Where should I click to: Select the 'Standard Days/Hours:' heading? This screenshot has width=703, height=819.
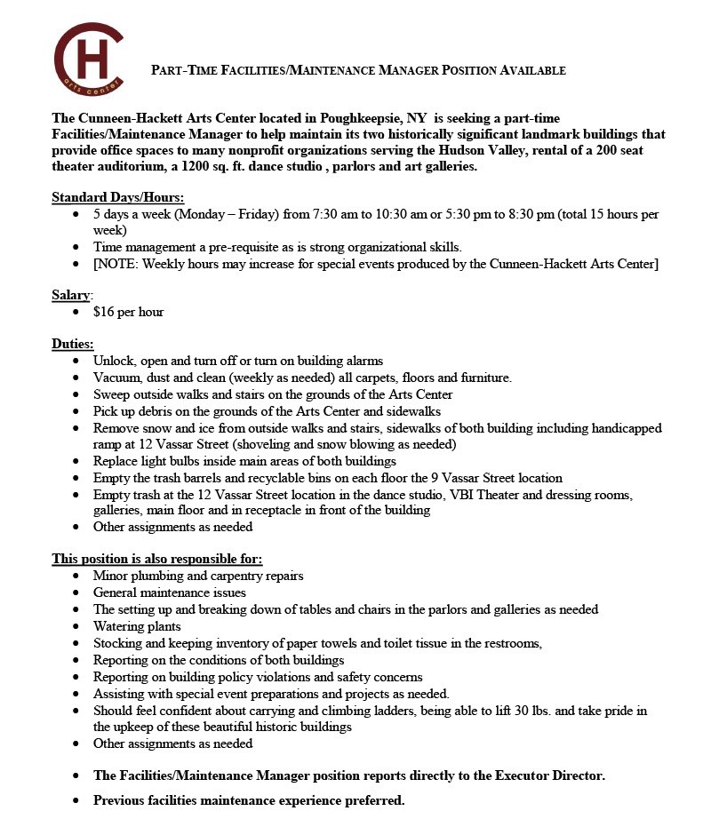pyautogui.click(x=118, y=197)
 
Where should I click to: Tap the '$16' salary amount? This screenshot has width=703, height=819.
pyautogui.click(x=104, y=312)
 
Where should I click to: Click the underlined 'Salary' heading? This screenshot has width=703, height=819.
pyautogui.click(x=71, y=294)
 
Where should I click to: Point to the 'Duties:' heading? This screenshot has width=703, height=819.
pyautogui.click(x=73, y=344)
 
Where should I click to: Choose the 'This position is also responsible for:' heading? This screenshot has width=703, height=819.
pyautogui.click(x=157, y=559)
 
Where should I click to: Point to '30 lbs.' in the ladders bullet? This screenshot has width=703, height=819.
pyautogui.click(x=511, y=710)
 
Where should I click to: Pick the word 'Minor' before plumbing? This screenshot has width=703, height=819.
pyautogui.click(x=111, y=576)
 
